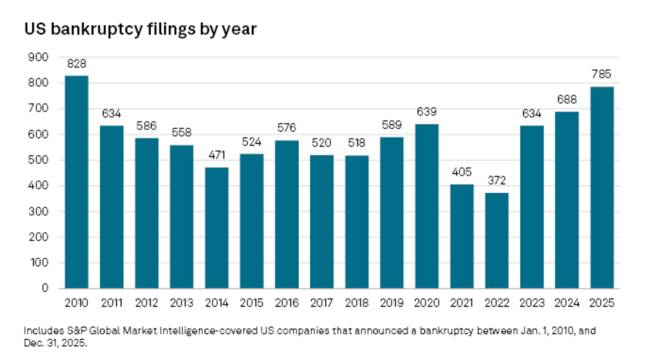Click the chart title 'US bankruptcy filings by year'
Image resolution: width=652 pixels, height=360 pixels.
140,29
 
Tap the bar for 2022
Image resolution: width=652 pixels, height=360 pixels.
497,240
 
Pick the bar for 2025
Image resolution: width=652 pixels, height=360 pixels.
602,187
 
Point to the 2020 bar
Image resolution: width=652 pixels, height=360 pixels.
427,206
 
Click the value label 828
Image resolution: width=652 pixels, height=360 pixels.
77,64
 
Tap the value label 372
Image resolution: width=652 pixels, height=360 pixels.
497,181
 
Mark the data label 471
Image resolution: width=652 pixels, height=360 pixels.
217,155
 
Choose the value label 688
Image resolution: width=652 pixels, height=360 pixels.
567,100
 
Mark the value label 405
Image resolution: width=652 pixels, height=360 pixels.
462,172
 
